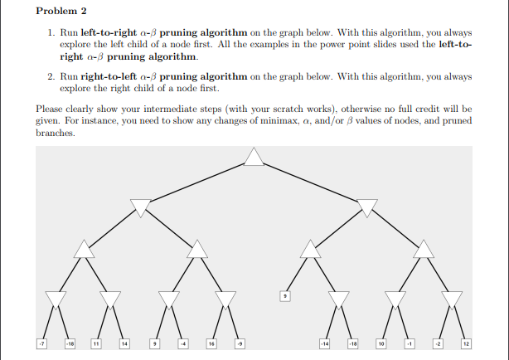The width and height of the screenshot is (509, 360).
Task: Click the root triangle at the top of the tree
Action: tap(254, 158)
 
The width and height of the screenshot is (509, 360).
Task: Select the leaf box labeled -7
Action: tap(41, 343)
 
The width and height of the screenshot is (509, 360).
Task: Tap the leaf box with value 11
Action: tap(96, 343)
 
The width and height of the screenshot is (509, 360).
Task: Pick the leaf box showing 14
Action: tap(125, 343)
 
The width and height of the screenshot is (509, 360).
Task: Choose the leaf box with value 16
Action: tap(211, 343)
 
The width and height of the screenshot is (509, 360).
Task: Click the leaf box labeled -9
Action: tap(240, 343)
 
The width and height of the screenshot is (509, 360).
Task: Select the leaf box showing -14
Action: tap(324, 343)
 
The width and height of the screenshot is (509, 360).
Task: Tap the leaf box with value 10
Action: tap(381, 343)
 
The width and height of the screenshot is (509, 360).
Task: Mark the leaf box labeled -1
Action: tap(410, 343)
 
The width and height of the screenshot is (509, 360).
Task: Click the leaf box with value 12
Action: tap(466, 343)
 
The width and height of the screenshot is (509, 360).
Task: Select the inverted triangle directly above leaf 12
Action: tap(452, 299)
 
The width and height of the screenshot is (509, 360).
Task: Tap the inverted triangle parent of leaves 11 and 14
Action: tap(110, 299)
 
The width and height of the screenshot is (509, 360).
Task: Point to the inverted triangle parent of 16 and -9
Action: tap(225, 299)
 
